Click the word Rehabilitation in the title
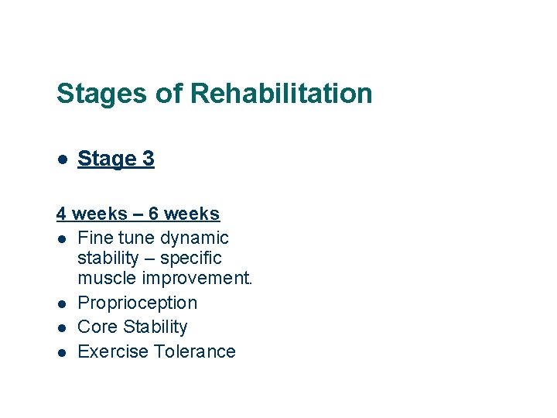[x=281, y=94]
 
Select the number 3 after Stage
[x=148, y=159]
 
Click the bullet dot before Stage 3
[x=61, y=159]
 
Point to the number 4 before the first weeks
[x=61, y=214]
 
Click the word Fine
[x=96, y=238]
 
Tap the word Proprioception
[x=138, y=303]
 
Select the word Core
[x=97, y=327]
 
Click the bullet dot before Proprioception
[x=61, y=303]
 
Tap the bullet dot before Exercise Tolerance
[x=61, y=352]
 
